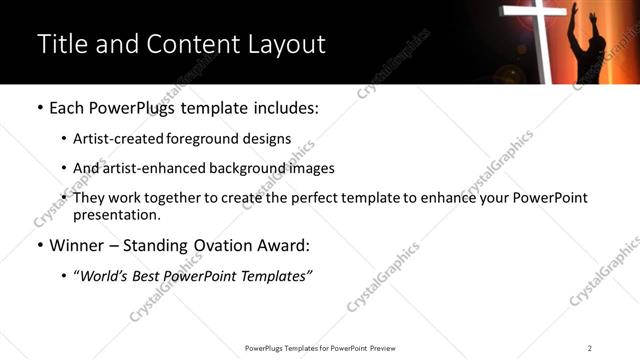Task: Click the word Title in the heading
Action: [x=60, y=44]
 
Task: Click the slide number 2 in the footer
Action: [x=590, y=348]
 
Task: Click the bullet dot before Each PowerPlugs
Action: [x=39, y=107]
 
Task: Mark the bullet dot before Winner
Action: [x=39, y=245]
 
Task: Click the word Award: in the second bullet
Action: [x=283, y=245]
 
